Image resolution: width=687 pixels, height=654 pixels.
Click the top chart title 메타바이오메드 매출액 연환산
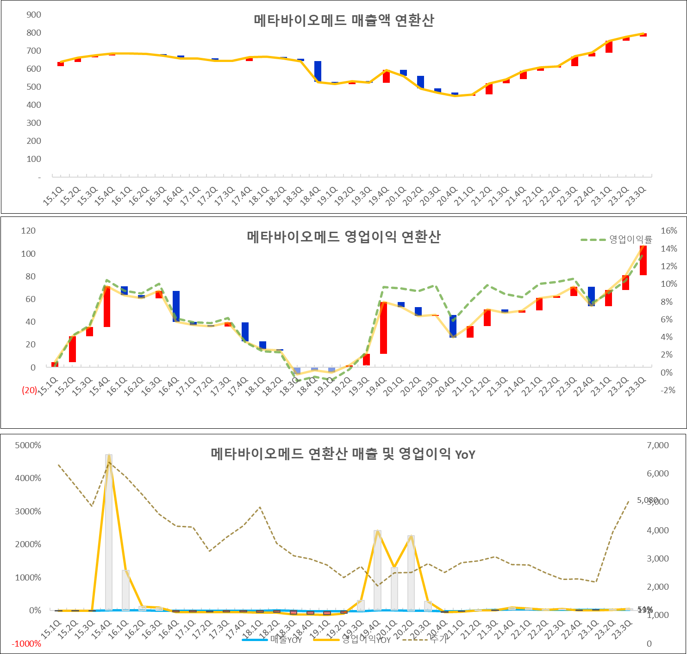[x=343, y=21]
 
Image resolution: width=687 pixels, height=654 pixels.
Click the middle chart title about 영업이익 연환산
[x=343, y=237]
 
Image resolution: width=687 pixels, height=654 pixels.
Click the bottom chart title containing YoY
[x=343, y=454]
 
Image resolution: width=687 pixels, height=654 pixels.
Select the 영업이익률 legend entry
[x=630, y=240]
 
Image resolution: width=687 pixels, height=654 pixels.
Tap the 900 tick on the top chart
[x=34, y=15]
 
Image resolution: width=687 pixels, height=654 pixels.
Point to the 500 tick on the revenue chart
[x=34, y=87]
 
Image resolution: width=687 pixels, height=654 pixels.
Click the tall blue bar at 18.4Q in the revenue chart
[x=318, y=71]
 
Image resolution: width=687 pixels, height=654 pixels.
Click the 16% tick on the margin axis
[x=669, y=231]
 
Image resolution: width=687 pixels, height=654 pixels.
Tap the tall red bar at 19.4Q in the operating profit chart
[x=383, y=328]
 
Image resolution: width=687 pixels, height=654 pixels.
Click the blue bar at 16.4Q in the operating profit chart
[x=176, y=306]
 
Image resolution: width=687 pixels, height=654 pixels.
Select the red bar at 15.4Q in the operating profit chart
[x=107, y=307]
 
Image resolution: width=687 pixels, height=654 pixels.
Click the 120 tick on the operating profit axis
[x=28, y=231]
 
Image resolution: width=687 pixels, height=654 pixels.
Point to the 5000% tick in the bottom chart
[x=28, y=445]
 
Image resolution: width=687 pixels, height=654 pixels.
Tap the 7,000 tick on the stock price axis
[x=658, y=445]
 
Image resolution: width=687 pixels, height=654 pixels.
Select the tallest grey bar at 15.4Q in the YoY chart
[x=109, y=532]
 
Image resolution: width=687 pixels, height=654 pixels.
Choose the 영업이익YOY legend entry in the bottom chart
[x=366, y=640]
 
